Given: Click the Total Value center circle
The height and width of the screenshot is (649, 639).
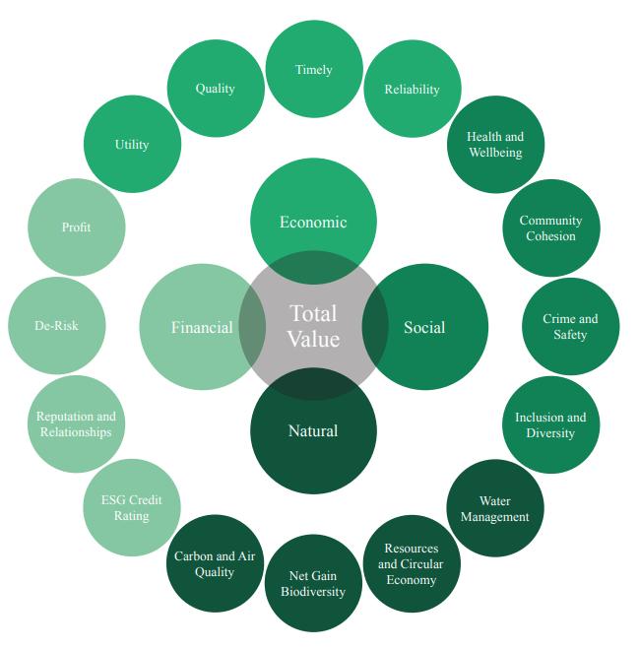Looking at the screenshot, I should click(313, 326).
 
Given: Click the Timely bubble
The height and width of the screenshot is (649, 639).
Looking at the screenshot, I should click(314, 69).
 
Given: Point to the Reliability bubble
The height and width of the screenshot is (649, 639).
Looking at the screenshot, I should click(413, 89).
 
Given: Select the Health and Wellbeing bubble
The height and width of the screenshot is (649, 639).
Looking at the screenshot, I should click(496, 144).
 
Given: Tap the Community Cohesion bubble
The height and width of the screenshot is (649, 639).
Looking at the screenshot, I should click(550, 227).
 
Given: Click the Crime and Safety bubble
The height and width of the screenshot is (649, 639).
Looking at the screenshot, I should click(570, 326).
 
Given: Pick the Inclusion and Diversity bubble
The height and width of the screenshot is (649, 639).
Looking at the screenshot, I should click(550, 424).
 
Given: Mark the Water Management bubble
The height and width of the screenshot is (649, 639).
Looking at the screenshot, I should click(495, 508).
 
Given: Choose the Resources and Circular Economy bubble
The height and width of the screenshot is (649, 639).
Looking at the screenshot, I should click(412, 564).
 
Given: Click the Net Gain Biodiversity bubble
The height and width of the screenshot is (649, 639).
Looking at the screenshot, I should click(314, 583).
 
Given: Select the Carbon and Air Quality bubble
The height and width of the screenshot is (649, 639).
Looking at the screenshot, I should click(215, 563).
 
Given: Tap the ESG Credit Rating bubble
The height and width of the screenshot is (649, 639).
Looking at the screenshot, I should click(131, 507).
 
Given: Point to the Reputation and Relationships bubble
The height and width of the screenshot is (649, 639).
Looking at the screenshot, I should click(76, 424).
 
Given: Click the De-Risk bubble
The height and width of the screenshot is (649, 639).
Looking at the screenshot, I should click(56, 325).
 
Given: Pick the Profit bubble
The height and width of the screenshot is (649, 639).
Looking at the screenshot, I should click(76, 227).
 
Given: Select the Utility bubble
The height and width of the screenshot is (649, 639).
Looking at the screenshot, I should click(132, 144).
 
